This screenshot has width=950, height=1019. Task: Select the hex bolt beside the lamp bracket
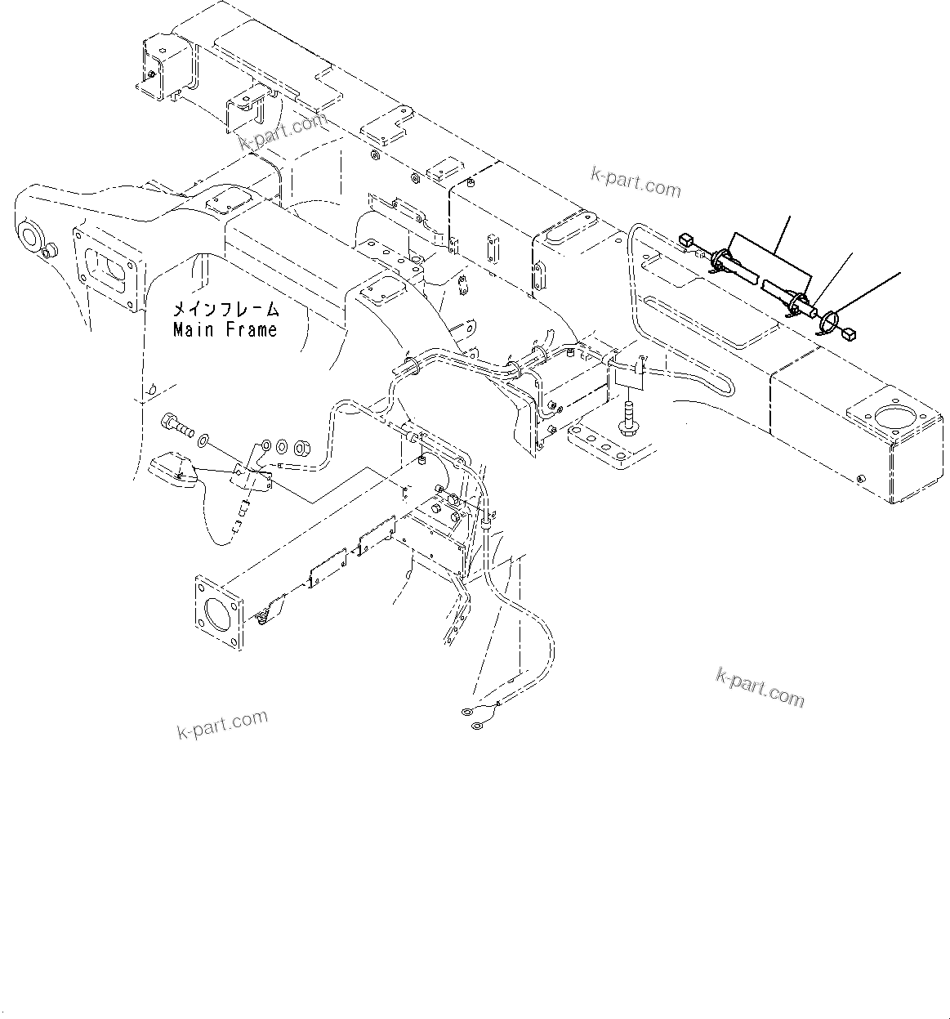click(x=176, y=426)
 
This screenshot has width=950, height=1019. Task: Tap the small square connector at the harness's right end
click(x=850, y=333)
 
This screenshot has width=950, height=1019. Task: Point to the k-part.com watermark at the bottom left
click(x=222, y=723)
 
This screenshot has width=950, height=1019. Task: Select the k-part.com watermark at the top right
click(x=636, y=184)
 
